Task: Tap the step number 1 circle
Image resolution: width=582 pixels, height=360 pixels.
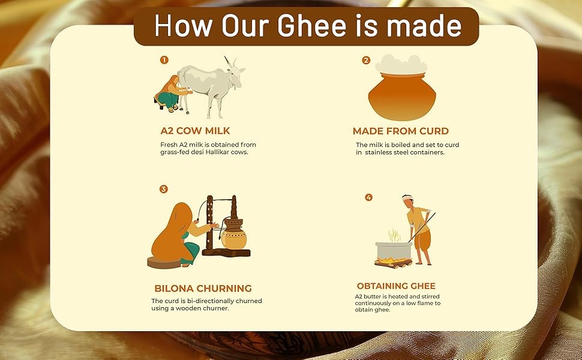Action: point(164,60)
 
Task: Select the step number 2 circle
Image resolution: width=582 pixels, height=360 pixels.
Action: point(365,60)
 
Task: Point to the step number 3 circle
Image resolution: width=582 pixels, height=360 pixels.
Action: point(164,189)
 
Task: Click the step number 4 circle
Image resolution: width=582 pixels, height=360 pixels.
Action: point(368,197)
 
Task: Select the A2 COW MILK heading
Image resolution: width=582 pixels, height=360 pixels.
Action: point(195,131)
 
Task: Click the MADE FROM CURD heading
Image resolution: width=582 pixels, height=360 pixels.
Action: point(400,131)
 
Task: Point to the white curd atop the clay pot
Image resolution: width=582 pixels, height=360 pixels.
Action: point(400,64)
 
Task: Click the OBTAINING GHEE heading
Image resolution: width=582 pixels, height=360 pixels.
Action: point(396,286)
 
